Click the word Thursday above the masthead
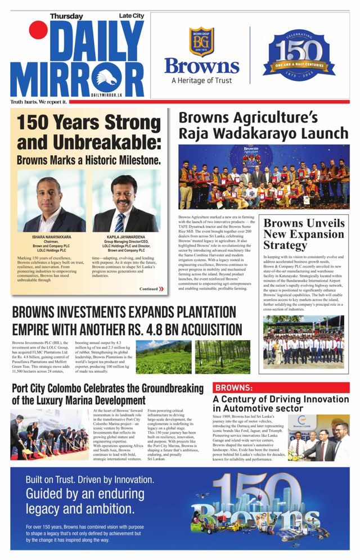tap(66, 17)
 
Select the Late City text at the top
tap(131, 17)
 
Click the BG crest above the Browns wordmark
tap(201, 42)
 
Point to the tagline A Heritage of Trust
tap(201, 80)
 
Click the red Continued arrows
tap(161, 288)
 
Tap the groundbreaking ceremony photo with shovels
tap(49, 435)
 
